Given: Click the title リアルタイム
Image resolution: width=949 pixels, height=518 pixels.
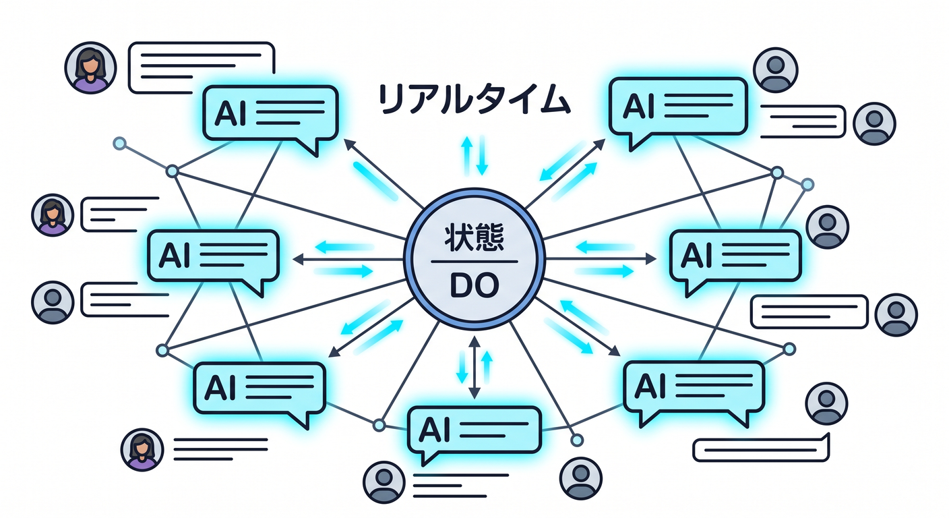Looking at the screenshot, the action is coord(473,100).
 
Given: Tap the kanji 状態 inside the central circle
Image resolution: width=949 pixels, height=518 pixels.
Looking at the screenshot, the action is coord(474,238).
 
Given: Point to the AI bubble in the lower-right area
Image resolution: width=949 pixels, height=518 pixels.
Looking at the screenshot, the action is coord(694,391).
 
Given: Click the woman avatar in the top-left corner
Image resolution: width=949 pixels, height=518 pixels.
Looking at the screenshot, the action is coord(90,67).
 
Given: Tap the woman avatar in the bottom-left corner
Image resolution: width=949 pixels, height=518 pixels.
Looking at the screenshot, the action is coord(142,450).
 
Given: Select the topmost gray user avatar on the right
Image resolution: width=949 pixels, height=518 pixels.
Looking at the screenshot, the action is coord(775,69).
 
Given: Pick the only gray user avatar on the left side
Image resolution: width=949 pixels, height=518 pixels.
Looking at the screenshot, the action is coord(53,302).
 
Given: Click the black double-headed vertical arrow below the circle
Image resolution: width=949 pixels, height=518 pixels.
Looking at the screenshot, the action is coord(474,367).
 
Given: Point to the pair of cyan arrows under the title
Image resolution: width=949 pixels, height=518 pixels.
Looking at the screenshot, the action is coord(474,156).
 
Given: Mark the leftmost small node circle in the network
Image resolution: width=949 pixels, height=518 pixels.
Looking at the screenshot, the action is coord(120,143).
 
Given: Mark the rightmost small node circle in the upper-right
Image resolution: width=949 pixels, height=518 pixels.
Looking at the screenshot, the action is coord(807,184).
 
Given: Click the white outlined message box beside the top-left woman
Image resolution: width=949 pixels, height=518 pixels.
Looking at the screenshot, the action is coord(202,67).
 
